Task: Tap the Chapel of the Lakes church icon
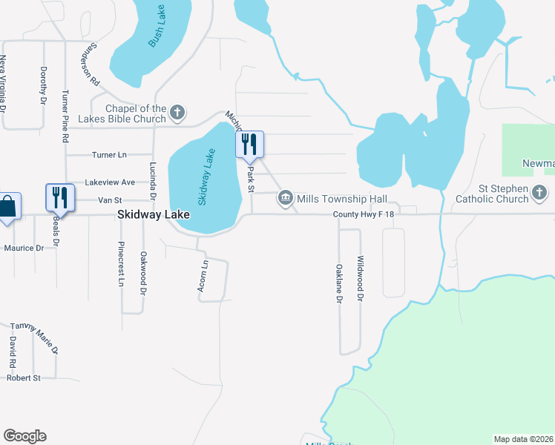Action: (x=177, y=113)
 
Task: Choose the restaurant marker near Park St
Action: (x=249, y=144)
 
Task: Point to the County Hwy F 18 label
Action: (x=362, y=214)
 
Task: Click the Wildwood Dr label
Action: (x=360, y=279)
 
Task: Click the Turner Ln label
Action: (x=109, y=154)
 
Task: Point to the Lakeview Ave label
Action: (x=110, y=182)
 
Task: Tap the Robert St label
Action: (x=23, y=378)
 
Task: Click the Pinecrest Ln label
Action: (x=119, y=264)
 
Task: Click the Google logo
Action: (x=24, y=435)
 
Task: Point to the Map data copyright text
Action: (x=523, y=438)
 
